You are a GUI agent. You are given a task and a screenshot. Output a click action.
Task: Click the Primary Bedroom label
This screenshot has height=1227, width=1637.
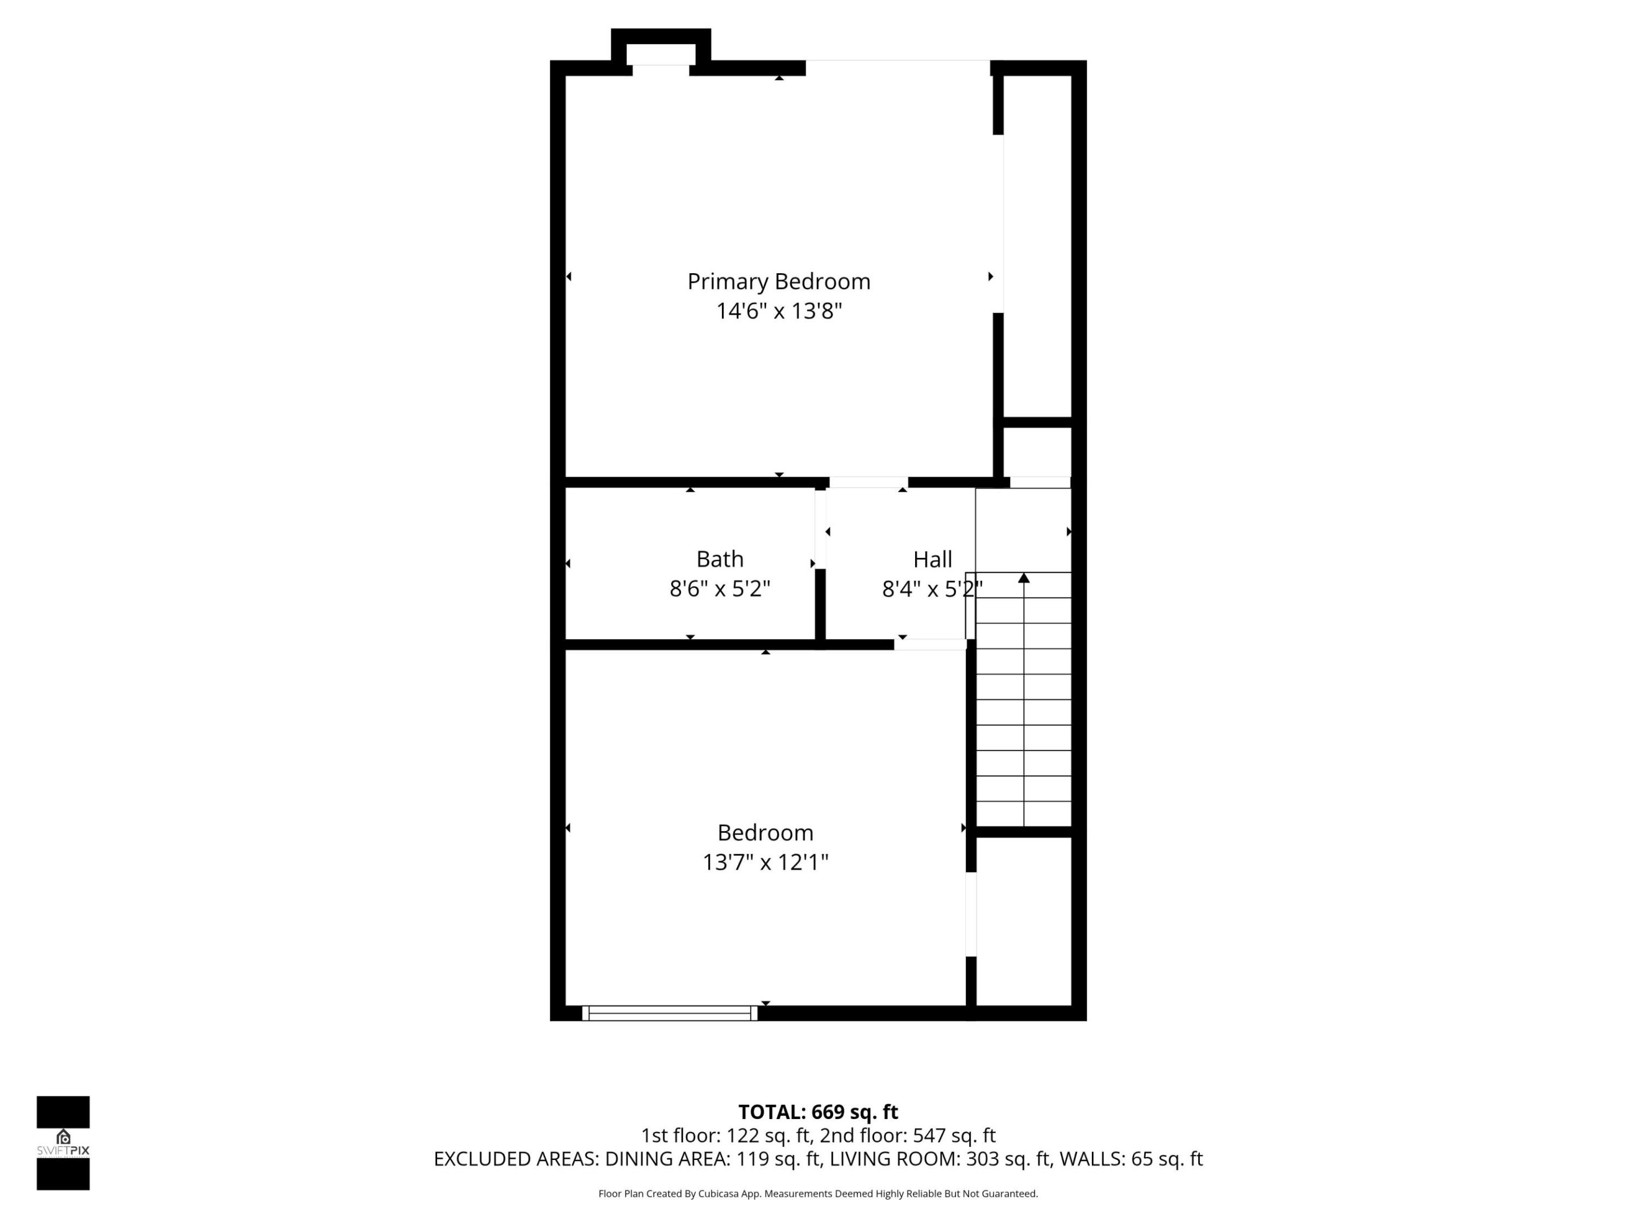pyautogui.click(x=779, y=282)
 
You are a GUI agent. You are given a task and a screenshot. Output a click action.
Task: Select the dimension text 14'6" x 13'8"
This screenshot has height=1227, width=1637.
pyautogui.click(x=779, y=311)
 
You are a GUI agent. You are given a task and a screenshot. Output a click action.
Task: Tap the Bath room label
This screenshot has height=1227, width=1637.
pyautogui.click(x=720, y=559)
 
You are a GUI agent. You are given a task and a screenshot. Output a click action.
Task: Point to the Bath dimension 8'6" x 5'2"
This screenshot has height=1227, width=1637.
pyautogui.click(x=720, y=589)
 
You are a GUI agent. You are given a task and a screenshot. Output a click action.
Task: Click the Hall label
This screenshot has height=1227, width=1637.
pyautogui.click(x=932, y=559)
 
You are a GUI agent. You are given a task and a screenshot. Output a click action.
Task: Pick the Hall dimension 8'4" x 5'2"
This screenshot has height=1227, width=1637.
pyautogui.click(x=932, y=589)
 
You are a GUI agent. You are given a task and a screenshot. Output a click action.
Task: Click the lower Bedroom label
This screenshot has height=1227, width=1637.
pyautogui.click(x=765, y=833)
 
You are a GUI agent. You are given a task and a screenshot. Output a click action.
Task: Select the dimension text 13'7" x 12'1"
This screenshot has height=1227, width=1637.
pyautogui.click(x=765, y=862)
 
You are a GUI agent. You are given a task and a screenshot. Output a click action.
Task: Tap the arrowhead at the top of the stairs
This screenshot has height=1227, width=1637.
pyautogui.click(x=1024, y=578)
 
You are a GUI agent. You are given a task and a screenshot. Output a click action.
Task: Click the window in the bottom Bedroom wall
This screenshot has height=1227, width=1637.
pyautogui.click(x=669, y=1013)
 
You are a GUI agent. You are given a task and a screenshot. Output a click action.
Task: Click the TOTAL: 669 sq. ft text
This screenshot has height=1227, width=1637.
pyautogui.click(x=818, y=1112)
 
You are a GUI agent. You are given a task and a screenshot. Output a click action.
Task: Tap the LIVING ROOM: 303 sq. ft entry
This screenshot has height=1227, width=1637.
pyautogui.click(x=940, y=1159)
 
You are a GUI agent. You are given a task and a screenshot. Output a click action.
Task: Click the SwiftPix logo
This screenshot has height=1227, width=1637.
pyautogui.click(x=63, y=1143)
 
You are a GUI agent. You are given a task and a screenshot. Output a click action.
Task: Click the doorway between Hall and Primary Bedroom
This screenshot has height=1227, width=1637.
pyautogui.click(x=868, y=482)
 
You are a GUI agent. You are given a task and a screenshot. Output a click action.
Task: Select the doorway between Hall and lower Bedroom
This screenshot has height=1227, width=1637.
pyautogui.click(x=930, y=644)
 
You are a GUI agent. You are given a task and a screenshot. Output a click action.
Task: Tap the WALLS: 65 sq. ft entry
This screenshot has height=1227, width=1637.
pyautogui.click(x=1131, y=1159)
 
